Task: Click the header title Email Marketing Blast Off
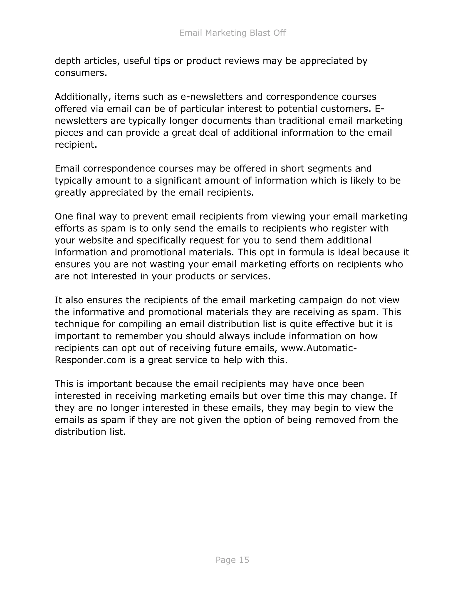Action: point(232,33)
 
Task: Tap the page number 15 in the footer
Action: point(232,560)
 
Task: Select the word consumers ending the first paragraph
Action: point(80,73)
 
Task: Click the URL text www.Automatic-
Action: point(319,348)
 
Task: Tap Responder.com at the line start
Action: point(90,360)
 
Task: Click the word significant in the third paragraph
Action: point(178,181)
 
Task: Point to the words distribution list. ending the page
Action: point(90,432)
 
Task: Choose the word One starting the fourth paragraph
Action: point(64,216)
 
